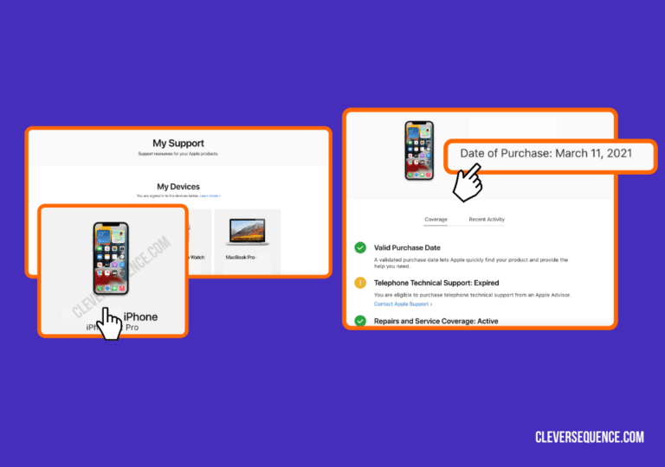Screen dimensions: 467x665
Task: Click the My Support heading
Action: click(178, 144)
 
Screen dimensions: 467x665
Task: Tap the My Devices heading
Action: click(178, 186)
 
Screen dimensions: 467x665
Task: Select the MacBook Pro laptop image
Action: click(248, 231)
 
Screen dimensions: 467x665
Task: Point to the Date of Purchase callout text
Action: click(546, 153)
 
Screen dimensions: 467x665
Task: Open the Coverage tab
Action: click(436, 220)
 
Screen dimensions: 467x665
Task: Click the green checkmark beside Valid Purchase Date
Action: click(360, 248)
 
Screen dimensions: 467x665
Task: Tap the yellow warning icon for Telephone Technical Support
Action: click(360, 283)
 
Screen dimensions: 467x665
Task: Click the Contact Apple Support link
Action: click(404, 304)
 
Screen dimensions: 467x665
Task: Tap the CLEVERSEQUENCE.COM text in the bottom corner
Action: click(590, 437)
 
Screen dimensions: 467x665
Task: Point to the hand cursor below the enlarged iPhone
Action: click(108, 326)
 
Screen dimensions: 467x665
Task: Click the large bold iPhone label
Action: click(140, 317)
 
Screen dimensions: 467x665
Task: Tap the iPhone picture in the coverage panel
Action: click(419, 150)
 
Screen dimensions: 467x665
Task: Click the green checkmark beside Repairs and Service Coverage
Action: click(360, 321)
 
